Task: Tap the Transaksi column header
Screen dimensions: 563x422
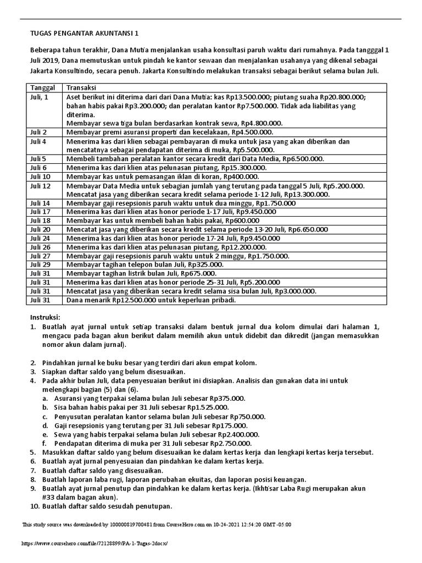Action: coord(81,88)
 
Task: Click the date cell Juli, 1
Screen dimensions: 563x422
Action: coord(39,96)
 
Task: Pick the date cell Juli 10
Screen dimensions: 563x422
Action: coord(40,176)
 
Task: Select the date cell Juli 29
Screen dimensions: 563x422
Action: coord(40,264)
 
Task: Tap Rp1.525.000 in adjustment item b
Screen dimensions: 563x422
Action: coord(208,407)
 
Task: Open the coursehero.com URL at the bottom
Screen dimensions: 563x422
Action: coord(94,543)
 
